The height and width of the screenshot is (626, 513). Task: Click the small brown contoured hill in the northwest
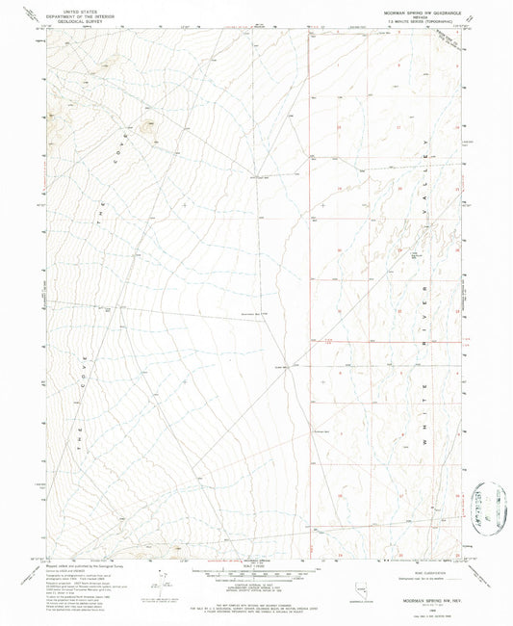coord(147,124)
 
